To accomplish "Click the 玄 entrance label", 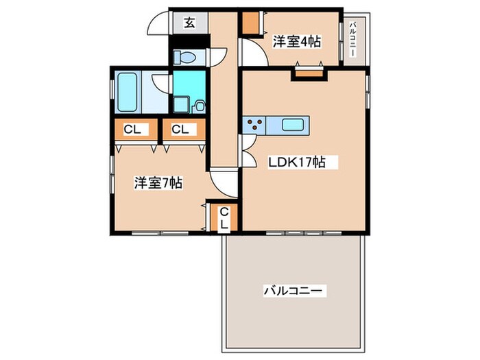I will point(189,23).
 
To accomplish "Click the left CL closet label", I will point(134,128).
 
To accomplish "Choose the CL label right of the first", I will point(181,128).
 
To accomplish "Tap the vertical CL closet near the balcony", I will point(224,218).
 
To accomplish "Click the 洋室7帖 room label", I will point(157,183).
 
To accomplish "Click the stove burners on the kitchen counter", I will point(256,125).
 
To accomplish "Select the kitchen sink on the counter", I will point(293,125).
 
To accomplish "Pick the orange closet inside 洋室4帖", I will point(251,24).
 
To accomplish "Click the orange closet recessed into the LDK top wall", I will point(309,71).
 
